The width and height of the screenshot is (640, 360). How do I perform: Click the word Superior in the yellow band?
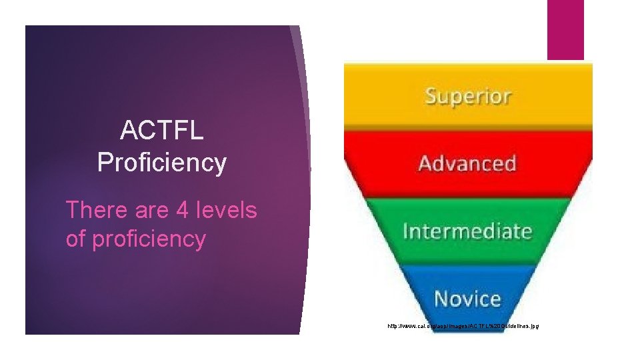coord(467,97)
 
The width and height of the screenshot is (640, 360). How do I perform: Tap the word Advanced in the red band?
coord(467,163)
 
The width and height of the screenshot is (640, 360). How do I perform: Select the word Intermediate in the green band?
coord(467,231)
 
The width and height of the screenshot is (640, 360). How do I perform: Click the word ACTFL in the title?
coord(161,131)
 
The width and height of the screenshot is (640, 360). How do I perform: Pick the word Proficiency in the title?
coord(161,162)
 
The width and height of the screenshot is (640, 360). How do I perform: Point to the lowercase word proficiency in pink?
coord(149,239)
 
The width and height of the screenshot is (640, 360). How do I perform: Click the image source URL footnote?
coord(463,326)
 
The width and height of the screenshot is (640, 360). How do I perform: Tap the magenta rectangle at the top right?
coord(565,30)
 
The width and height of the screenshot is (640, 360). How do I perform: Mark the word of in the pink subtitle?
coord(76,239)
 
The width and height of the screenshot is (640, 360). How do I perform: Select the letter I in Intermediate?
coord(406,231)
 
